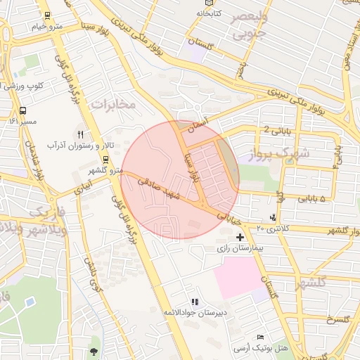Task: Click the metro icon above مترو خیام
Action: point(46,15)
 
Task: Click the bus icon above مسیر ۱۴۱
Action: point(23,110)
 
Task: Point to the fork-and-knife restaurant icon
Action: point(81,134)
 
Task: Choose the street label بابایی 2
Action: point(276,130)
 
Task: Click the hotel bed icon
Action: point(261,338)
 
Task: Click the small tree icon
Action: point(94,349)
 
